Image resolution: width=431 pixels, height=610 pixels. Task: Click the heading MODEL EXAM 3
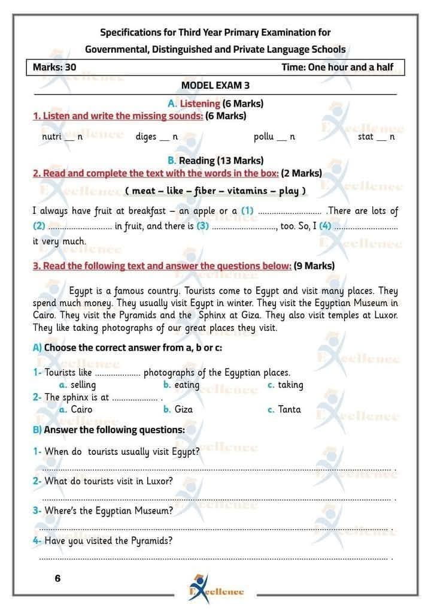(215, 85)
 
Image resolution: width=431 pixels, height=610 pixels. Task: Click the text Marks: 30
(55, 67)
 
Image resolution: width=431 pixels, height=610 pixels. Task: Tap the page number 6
(57, 579)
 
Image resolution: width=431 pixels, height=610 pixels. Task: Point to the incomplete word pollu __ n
(274, 137)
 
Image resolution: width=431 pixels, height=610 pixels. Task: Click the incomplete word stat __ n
(376, 137)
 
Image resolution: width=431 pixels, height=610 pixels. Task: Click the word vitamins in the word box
(250, 191)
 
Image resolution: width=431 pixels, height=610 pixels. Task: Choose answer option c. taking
(286, 385)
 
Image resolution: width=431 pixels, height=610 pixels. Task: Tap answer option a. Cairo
(77, 410)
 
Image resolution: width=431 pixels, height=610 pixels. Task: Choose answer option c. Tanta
(284, 410)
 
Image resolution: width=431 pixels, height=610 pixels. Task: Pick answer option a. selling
(78, 385)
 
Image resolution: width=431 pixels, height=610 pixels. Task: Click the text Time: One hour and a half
(337, 67)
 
